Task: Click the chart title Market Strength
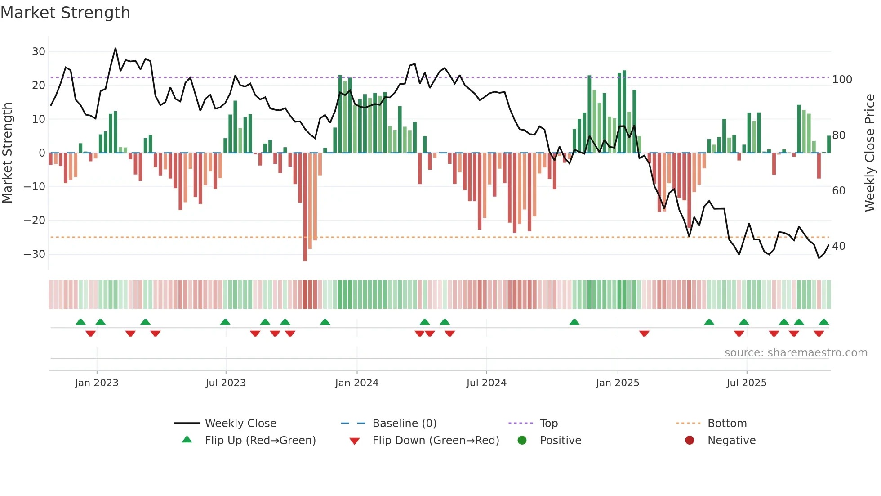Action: pos(65,13)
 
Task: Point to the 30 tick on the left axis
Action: pos(39,52)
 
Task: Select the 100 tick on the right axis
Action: pos(842,80)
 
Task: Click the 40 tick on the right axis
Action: pos(838,246)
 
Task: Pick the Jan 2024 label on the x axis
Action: pos(356,383)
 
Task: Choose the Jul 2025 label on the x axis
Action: pos(746,383)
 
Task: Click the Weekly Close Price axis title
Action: pos(870,153)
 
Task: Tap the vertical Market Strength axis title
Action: pos(8,153)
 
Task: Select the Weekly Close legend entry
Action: pos(240,424)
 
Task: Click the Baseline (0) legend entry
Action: pos(404,424)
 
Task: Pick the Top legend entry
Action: pos(548,424)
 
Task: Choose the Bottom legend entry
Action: pos(727,424)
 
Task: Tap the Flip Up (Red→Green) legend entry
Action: pos(260,441)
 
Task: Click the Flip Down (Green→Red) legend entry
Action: pos(436,441)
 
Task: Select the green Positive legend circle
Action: pos(522,441)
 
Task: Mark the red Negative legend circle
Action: pos(690,441)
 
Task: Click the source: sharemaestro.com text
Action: pos(796,353)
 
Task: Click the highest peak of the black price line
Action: pos(116,48)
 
